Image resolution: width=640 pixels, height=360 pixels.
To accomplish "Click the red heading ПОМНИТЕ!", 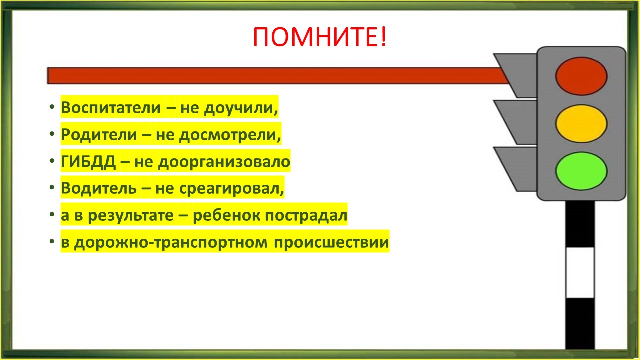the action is point(320,37).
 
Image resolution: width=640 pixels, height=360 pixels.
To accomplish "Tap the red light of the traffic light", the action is point(581,76).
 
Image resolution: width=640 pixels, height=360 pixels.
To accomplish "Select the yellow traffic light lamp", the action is point(581,123).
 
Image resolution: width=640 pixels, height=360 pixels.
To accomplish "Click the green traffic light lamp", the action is point(581,171).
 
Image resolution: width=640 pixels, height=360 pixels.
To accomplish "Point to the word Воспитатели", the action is point(111,108).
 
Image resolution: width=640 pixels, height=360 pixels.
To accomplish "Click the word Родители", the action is point(99,135).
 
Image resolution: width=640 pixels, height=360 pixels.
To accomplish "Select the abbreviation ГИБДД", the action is point(88,162).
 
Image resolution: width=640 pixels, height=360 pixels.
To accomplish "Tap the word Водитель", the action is point(99,188).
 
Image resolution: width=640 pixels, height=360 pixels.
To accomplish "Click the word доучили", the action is point(241,108).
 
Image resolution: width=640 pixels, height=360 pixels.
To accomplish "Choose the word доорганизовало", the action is point(224,162).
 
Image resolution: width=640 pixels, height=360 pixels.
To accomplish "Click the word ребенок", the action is point(227,215).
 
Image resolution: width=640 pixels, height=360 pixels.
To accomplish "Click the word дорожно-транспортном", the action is point(171,243).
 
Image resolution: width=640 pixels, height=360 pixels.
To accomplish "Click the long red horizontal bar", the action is point(277,76).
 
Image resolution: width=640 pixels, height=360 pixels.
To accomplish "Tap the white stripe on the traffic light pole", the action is point(580,273).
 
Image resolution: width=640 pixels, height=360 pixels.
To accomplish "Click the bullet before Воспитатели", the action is point(52,107).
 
